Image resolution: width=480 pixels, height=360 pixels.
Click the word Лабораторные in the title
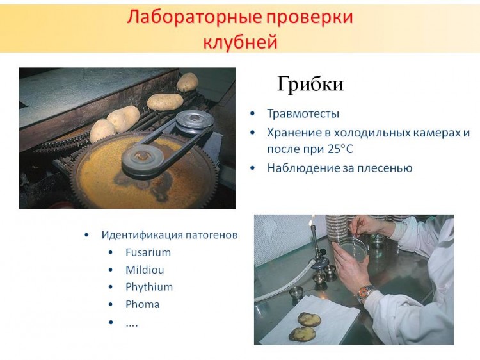[195, 17]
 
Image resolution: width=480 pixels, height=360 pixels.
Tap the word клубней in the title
[240, 42]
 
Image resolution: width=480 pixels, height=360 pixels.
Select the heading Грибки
[310, 84]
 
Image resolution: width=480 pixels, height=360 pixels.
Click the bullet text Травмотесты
[303, 113]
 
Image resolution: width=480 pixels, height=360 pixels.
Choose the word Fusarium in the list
[148, 252]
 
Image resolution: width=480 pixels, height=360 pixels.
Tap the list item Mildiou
[145, 270]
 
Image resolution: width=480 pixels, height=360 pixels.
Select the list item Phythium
[149, 287]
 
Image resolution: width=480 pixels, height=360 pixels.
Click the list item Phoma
[142, 304]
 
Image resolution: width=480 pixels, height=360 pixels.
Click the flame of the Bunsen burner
[312, 219]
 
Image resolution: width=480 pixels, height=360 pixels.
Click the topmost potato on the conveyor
[188, 82]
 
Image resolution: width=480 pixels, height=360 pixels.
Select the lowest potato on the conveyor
[102, 131]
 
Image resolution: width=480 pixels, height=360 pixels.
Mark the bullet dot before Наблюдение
[253, 168]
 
